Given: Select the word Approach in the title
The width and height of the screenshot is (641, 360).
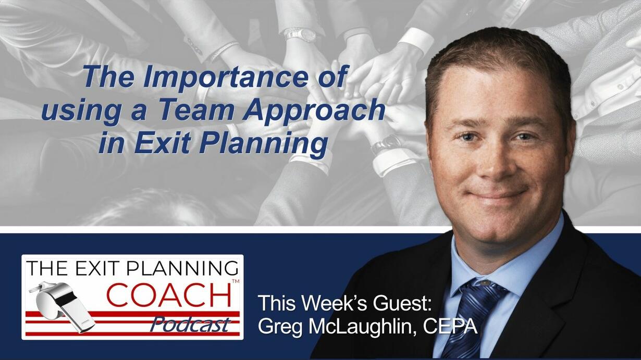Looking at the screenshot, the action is pyautogui.click(x=314, y=112).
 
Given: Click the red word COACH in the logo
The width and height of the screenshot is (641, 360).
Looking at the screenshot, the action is pyautogui.click(x=169, y=294).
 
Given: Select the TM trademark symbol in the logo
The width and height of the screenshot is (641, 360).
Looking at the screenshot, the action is pyautogui.click(x=235, y=281).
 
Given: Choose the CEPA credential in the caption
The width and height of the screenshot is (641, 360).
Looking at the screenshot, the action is pyautogui.click(x=450, y=326).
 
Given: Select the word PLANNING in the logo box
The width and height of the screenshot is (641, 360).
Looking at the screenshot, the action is pyautogui.click(x=182, y=269).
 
